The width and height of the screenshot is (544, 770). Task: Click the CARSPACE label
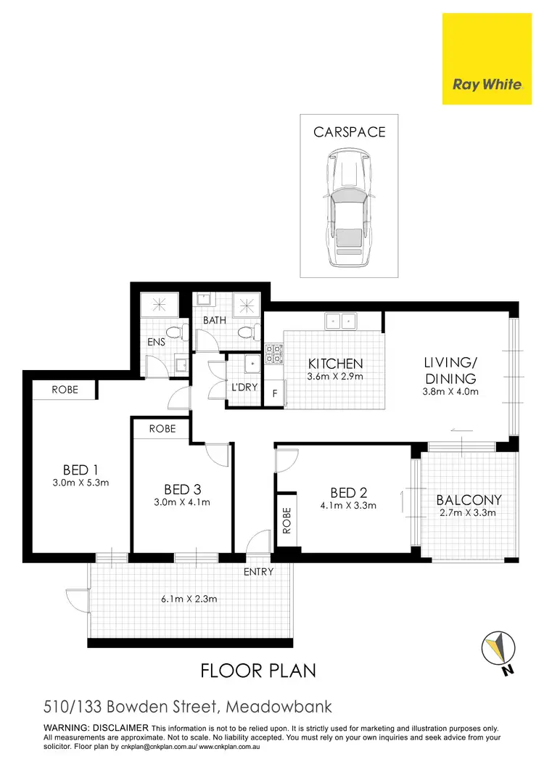349,132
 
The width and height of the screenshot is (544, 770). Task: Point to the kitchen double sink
340,320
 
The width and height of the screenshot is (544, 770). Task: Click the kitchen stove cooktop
273,353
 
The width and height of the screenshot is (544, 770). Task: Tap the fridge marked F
274,394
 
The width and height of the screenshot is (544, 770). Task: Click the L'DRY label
244,388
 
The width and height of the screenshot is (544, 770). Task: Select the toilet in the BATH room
245,333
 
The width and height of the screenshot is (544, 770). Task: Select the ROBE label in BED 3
162,429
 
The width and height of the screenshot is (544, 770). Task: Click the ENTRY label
259,572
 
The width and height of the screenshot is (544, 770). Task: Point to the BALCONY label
469,500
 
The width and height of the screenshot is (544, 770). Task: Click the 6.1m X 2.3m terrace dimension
189,599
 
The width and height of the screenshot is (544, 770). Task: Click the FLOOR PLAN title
258,670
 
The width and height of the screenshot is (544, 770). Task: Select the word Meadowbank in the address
280,706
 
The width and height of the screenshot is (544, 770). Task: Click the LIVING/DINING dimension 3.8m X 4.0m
450,392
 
